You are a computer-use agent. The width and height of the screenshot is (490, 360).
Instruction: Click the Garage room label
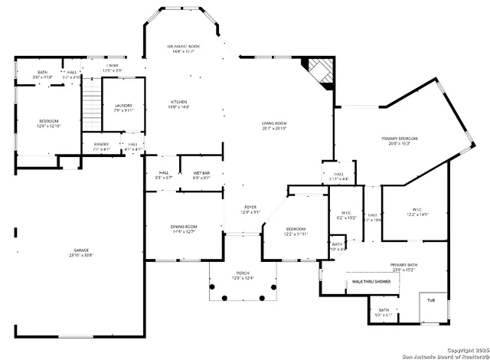click(x=81, y=250)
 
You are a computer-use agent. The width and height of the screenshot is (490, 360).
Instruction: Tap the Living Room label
click(x=273, y=123)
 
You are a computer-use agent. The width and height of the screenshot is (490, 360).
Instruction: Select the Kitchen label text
click(x=178, y=102)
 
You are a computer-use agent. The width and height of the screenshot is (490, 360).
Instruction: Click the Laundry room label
click(x=123, y=106)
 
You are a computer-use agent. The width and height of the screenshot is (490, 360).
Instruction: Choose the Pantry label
click(x=101, y=144)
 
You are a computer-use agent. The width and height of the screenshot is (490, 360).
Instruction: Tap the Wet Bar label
click(x=201, y=173)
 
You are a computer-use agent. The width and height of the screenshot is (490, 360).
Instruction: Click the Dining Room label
click(x=184, y=227)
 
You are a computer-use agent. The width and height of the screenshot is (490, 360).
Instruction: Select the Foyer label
click(x=250, y=208)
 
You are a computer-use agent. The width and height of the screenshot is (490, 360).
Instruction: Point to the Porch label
click(x=243, y=273)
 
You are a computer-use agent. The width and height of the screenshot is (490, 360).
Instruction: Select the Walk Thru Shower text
click(x=371, y=282)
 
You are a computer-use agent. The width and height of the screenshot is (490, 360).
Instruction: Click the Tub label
click(x=431, y=300)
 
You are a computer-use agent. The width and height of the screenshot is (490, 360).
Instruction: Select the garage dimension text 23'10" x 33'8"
click(x=81, y=256)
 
